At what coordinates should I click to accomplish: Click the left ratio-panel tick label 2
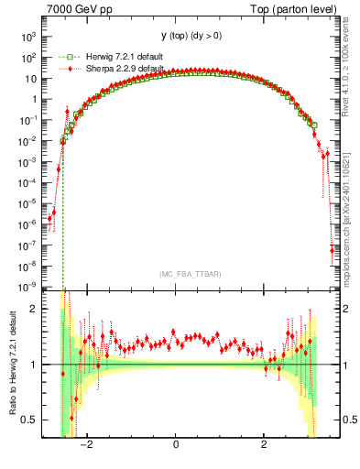[34, 310]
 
